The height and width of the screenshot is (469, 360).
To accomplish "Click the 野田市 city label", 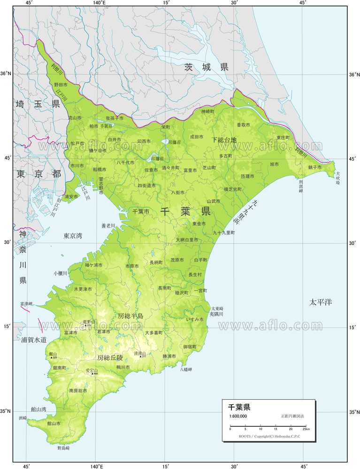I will tap(61, 84).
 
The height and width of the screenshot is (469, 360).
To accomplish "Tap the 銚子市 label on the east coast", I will tap(314, 167).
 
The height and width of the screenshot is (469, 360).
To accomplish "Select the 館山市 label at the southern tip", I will tap(54, 423).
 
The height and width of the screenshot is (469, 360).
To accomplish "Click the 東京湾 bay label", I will tap(73, 236).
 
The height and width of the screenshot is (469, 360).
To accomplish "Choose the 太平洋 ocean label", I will tap(321, 302).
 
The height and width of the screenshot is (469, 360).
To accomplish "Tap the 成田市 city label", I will tap(197, 137).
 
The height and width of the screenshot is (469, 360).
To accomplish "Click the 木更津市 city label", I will tap(83, 289).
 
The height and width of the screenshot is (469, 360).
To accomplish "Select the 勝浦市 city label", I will tap(169, 356).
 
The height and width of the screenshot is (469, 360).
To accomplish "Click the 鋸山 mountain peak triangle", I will tap(52, 358).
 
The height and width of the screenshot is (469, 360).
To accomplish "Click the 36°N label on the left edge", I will tap(6, 74).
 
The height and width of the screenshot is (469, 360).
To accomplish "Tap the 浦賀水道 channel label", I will tap(33, 339).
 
